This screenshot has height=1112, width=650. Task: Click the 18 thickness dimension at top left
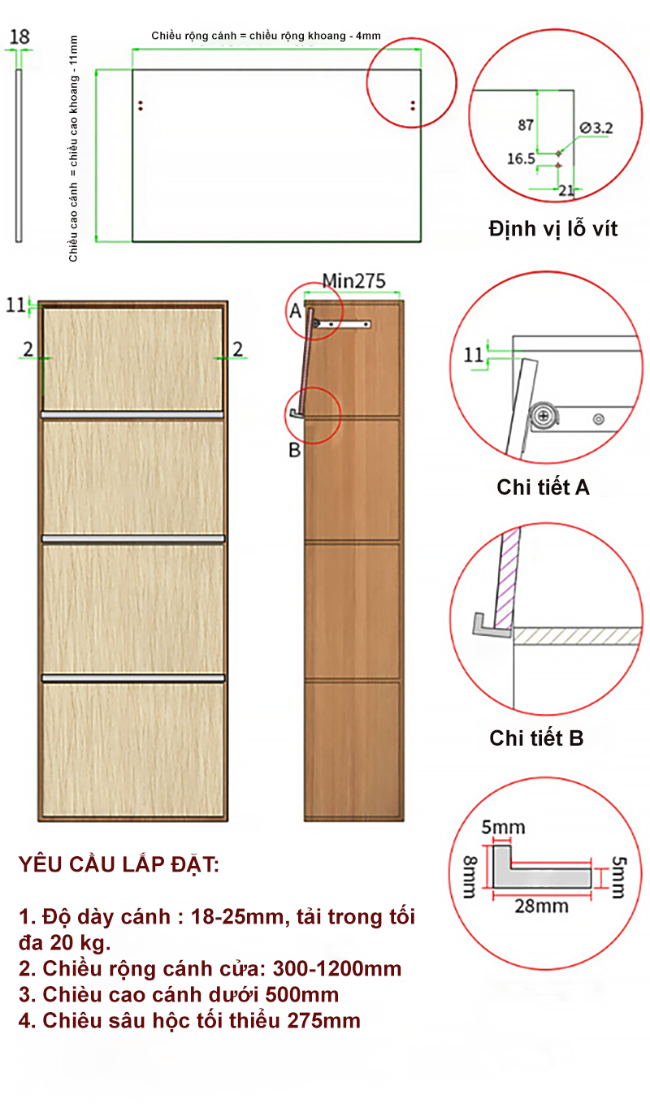[19, 37]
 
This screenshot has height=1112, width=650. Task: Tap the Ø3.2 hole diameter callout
[596, 128]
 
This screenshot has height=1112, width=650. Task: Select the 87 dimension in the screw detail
[526, 124]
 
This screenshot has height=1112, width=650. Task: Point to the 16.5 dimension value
[521, 159]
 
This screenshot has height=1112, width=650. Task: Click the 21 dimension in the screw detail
[566, 190]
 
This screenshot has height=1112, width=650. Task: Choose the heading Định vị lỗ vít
[553, 229]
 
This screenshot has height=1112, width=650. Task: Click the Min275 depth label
[353, 281]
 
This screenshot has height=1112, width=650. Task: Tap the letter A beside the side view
[296, 311]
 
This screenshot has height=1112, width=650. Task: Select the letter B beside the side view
[294, 450]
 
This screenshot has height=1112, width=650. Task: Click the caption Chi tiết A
[543, 487]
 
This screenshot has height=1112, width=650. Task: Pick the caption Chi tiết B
[536, 738]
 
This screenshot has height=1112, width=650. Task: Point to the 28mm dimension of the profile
[541, 906]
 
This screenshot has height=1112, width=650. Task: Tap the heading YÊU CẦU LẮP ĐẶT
[119, 864]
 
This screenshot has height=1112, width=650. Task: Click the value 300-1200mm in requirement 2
[337, 968]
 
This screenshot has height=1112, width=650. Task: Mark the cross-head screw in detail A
[544, 416]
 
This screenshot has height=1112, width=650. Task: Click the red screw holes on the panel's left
[141, 106]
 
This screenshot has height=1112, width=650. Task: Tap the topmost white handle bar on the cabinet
[132, 414]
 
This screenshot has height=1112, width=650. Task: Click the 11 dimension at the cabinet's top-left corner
[15, 305]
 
